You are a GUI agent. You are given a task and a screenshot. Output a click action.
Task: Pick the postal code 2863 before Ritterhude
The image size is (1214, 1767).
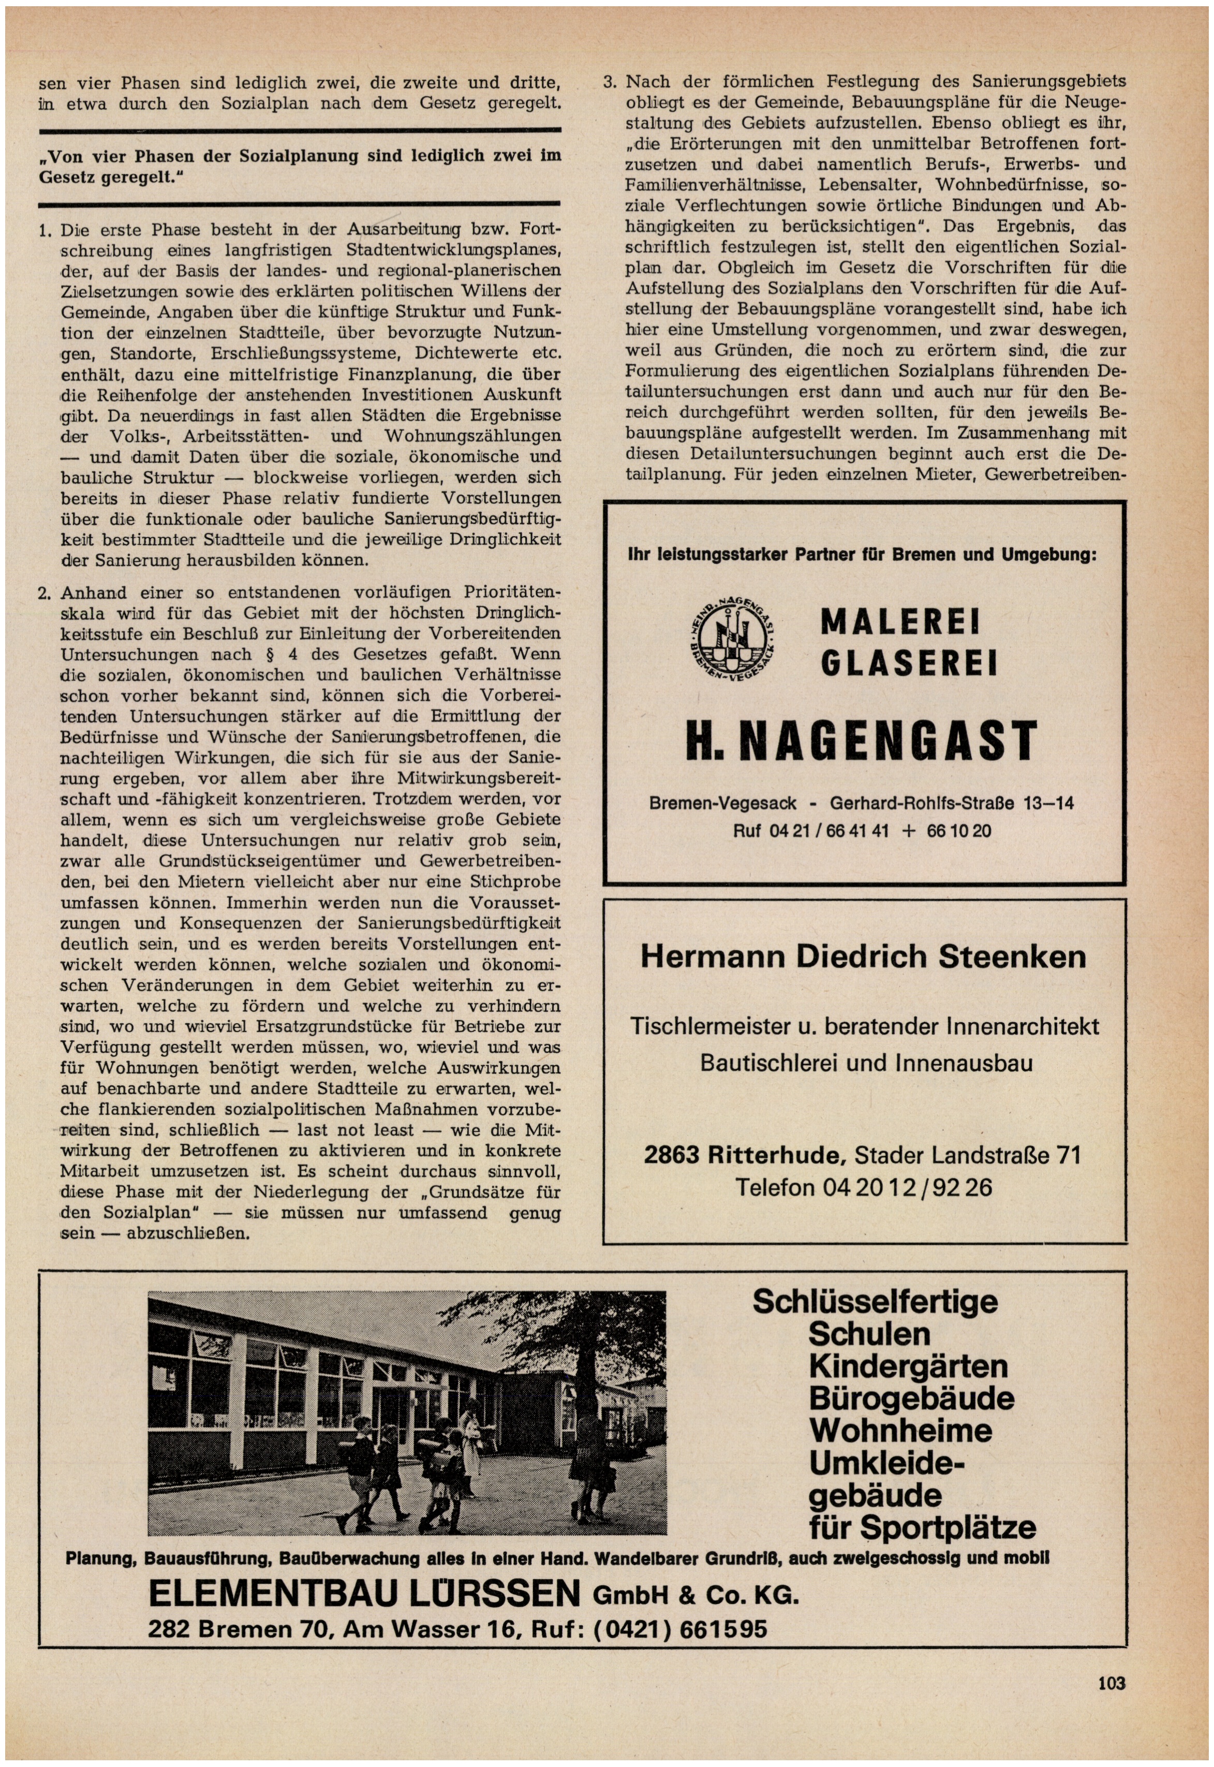coord(672,1155)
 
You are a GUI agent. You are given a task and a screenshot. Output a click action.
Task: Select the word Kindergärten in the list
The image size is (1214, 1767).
coord(908,1367)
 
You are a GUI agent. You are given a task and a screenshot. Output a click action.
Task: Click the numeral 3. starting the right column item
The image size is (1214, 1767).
coord(610,82)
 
